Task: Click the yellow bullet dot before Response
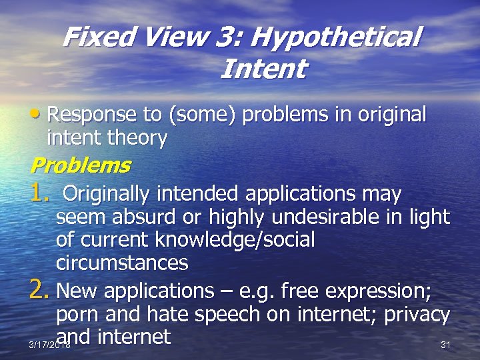click(38, 115)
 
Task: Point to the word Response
click(94, 115)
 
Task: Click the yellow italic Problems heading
click(80, 165)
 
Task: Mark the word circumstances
click(122, 263)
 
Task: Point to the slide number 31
click(446, 345)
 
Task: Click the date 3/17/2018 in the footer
click(49, 345)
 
